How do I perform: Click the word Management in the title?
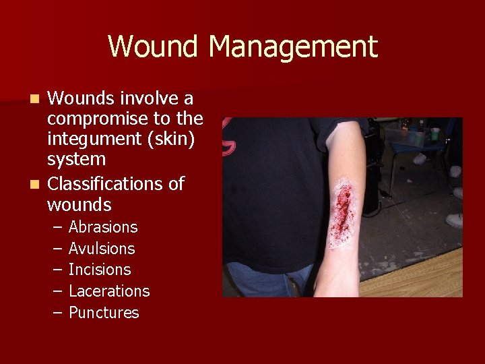coord(293,47)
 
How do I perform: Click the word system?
coord(76,160)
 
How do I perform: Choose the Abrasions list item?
coord(103,227)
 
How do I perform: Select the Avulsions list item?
coord(102,249)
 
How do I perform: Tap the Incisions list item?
coord(100,270)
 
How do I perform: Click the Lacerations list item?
coord(109,291)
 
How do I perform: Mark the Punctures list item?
coord(104,313)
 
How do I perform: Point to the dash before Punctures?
coord(56,313)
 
